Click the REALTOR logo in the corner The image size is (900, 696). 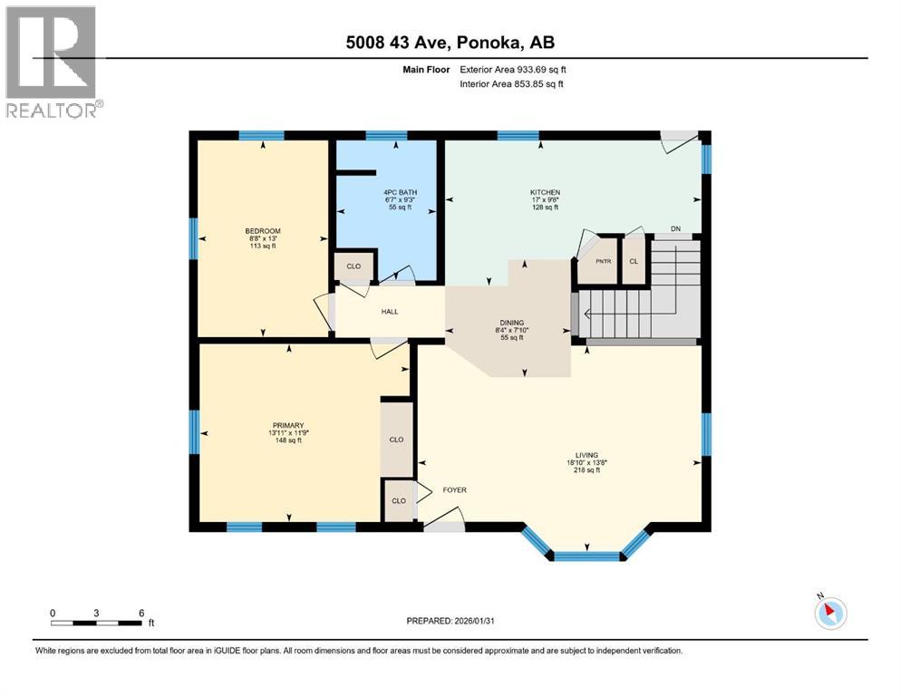[51, 62]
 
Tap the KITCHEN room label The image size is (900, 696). [545, 192]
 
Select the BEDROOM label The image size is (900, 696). [263, 230]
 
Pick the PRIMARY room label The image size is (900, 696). [286, 425]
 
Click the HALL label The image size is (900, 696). [390, 312]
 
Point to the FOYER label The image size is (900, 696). [454, 490]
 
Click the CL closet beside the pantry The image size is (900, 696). [634, 260]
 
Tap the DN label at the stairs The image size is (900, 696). [675, 228]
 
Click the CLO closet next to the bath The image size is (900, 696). [353, 267]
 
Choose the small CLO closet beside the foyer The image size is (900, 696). [397, 500]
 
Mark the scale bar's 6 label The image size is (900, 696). [141, 613]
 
